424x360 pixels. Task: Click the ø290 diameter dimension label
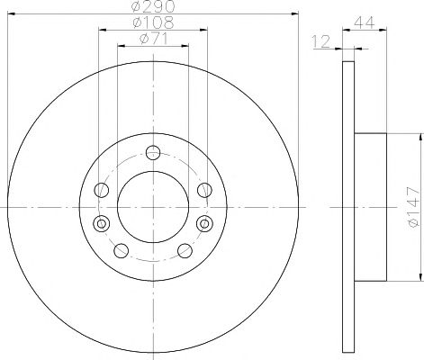(153, 6)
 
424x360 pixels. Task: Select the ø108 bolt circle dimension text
(153, 22)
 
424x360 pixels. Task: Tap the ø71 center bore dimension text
(153, 39)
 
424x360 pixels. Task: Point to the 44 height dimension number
(365, 22)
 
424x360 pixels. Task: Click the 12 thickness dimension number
(321, 41)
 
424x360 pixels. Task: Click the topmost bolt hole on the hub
(153, 153)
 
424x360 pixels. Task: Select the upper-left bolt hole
(102, 190)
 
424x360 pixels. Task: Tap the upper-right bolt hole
(204, 190)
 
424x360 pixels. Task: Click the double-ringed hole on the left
(102, 223)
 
